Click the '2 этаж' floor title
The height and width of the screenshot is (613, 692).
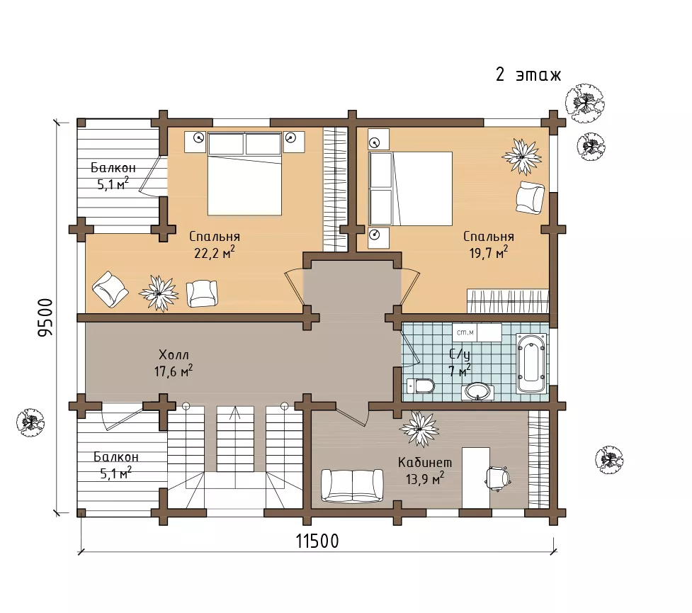click(528, 74)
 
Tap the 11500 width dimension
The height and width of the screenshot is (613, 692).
click(317, 541)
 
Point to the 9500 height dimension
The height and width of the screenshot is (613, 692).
click(45, 317)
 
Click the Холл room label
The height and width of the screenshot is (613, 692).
click(174, 354)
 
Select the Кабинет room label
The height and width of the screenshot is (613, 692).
click(425, 462)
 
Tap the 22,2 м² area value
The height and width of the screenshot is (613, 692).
click(215, 252)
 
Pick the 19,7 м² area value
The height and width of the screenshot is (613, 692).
click(489, 252)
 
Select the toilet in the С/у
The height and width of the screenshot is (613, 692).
click(421, 386)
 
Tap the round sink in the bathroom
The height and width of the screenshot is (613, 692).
click(477, 391)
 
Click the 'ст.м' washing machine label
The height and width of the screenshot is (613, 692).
click(465, 332)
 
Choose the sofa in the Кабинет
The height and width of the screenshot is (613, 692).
click(352, 485)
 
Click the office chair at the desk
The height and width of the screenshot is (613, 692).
click(498, 478)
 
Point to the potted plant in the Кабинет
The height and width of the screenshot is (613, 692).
click(419, 427)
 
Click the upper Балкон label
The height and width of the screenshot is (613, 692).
click(113, 167)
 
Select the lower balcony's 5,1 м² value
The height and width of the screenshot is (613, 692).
click(115, 473)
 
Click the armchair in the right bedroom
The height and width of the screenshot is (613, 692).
click(530, 198)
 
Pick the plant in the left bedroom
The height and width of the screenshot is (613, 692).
click(159, 293)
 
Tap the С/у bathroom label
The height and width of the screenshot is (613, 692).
click(460, 354)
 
